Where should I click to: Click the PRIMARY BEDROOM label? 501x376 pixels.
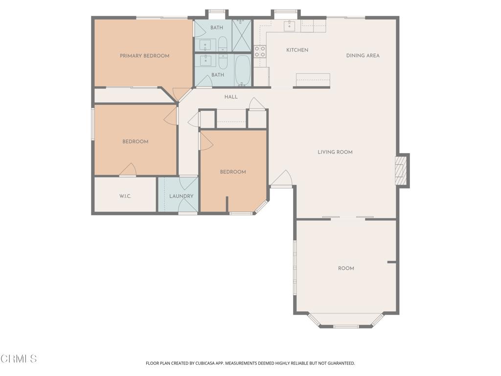pyautogui.click(x=144, y=56)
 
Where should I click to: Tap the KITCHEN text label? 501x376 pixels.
pyautogui.click(x=297, y=50)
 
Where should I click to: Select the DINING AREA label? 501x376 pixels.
pyautogui.click(x=363, y=55)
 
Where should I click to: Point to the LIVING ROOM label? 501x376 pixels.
pyautogui.click(x=335, y=152)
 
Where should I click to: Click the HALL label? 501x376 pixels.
pyautogui.click(x=231, y=97)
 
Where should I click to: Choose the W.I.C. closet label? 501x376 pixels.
pyautogui.click(x=125, y=196)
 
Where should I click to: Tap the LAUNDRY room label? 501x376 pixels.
pyautogui.click(x=181, y=196)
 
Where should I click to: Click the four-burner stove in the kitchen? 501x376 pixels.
pyautogui.click(x=260, y=51)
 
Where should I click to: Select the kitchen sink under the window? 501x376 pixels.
pyautogui.click(x=290, y=25)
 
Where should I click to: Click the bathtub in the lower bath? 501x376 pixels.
pyautogui.click(x=243, y=71)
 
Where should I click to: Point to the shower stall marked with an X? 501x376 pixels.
pyautogui.click(x=242, y=36)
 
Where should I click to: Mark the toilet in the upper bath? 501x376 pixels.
pyautogui.click(x=223, y=44)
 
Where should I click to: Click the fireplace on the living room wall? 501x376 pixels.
pyautogui.click(x=402, y=170)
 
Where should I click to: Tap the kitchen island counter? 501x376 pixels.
pyautogui.click(x=313, y=80)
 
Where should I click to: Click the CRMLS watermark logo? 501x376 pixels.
pyautogui.click(x=19, y=359)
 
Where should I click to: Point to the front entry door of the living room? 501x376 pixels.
pyautogui.click(x=282, y=180)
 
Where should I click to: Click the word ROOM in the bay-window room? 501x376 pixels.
pyautogui.click(x=346, y=268)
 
